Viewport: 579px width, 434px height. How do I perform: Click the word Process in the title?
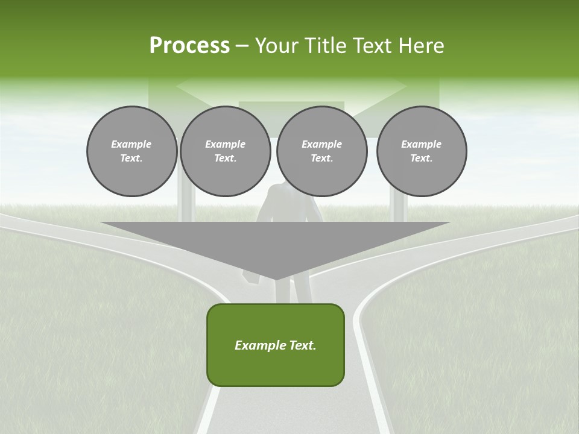pyautogui.click(x=189, y=45)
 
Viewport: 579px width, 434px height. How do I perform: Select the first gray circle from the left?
pyautogui.click(x=131, y=151)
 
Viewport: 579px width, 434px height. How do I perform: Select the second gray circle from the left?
pyautogui.click(x=225, y=151)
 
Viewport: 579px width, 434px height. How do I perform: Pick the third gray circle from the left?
pyautogui.click(x=321, y=151)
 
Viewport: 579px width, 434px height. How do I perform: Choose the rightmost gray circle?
pyautogui.click(x=421, y=151)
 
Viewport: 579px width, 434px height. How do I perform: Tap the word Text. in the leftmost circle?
pyautogui.click(x=131, y=158)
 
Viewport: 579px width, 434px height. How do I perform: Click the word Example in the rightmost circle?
pyautogui.click(x=421, y=144)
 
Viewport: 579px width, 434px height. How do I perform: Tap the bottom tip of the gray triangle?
pyautogui.click(x=276, y=278)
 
